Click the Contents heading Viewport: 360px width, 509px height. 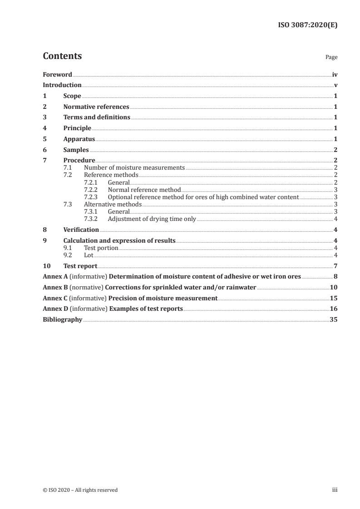[x=62, y=56]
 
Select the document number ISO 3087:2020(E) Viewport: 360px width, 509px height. [x=307, y=25]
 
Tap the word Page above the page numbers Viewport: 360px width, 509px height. [x=331, y=58]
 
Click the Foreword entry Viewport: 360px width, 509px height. [x=57, y=74]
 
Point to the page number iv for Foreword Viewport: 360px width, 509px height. [x=335, y=74]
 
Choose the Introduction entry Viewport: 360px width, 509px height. [x=62, y=85]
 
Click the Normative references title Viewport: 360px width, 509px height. [x=96, y=107]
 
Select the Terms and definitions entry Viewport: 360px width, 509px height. [x=97, y=117]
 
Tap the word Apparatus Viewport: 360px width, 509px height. [x=79, y=139]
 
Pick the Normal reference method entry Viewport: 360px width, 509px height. [x=144, y=190]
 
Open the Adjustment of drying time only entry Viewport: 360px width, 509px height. [x=152, y=219]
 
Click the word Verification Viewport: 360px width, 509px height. [x=81, y=230]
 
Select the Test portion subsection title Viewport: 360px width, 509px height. [x=101, y=248]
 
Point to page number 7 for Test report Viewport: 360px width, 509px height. [x=335, y=266]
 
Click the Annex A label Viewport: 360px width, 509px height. [x=54, y=276]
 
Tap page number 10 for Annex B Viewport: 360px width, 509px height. [x=334, y=287]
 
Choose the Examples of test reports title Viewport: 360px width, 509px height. [x=145, y=308]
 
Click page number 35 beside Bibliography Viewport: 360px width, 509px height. [x=334, y=319]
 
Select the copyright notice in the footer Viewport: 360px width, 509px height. [x=80, y=490]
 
